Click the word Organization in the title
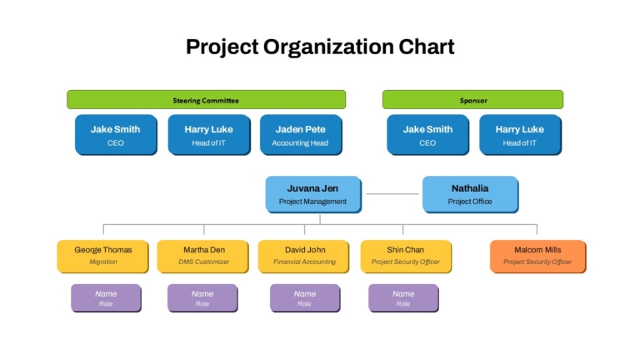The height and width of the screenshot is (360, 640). [x=329, y=47]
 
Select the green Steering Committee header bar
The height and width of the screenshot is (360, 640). [x=206, y=100]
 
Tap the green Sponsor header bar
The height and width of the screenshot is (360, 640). [x=472, y=100]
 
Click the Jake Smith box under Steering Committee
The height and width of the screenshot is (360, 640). [x=116, y=135]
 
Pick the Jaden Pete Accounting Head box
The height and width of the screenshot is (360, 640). [x=301, y=135]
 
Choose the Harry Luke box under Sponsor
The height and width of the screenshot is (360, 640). [x=520, y=135]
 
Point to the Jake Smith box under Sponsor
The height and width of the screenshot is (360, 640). [x=427, y=135]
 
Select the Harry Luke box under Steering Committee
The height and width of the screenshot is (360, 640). [x=209, y=135]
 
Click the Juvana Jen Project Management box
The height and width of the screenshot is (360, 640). [x=313, y=194]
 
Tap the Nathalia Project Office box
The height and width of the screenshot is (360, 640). [x=470, y=194]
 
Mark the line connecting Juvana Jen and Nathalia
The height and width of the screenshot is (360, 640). [x=392, y=194]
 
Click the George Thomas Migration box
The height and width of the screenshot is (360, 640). [x=102, y=257]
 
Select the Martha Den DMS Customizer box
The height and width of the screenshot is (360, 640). [x=202, y=257]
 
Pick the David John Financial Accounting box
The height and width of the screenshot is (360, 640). [x=303, y=257]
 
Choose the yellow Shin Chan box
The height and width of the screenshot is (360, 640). [x=406, y=257]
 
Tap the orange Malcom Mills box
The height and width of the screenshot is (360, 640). [x=538, y=257]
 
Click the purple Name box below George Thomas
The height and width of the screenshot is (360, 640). [x=106, y=298]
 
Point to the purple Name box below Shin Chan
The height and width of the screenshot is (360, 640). [x=403, y=298]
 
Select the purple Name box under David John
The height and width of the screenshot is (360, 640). [x=305, y=298]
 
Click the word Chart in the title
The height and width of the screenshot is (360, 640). [x=427, y=47]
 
